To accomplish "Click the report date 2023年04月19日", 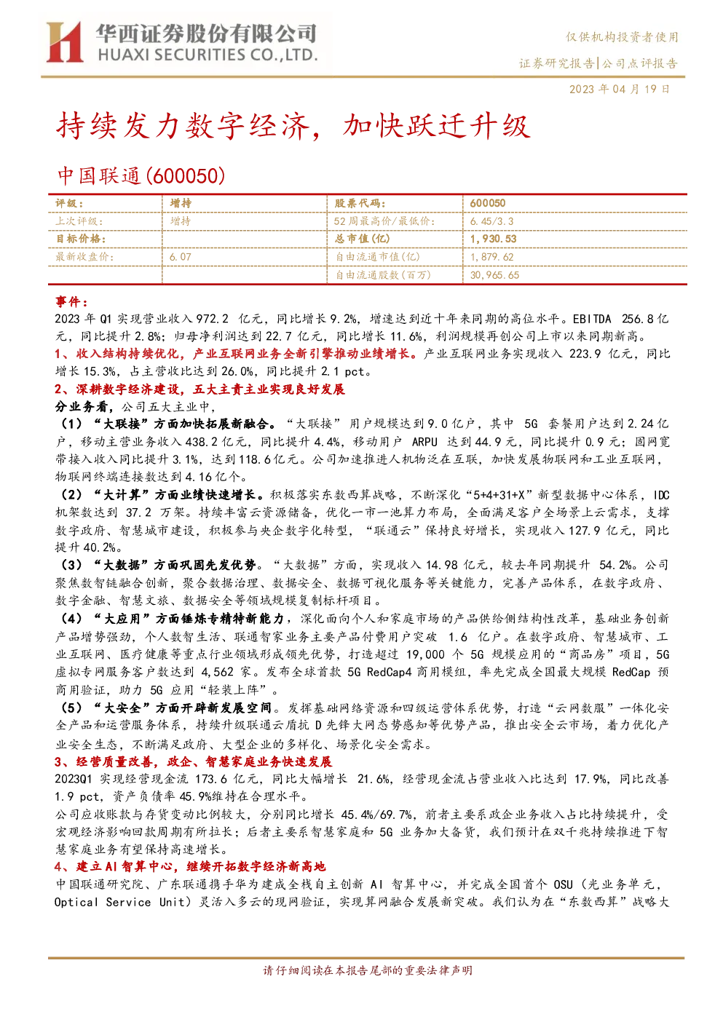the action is click(619, 89).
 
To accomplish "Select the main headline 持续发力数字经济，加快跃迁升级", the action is click(293, 127).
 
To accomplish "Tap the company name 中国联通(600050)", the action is click(141, 175).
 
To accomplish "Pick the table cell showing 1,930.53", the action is click(493, 239).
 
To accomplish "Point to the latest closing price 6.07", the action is click(181, 257).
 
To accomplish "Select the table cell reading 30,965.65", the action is click(494, 275).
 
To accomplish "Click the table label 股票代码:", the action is click(360, 203).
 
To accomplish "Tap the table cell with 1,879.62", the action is click(491, 257).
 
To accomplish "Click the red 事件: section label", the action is click(71, 301).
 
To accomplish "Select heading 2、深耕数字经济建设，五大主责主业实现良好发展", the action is click(200, 389).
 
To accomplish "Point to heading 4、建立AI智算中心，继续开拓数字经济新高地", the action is click(190, 866).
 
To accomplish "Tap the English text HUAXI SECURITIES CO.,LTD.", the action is click(208, 55).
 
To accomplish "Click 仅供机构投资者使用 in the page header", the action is click(622, 37).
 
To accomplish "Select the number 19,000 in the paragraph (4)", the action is click(425, 654).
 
